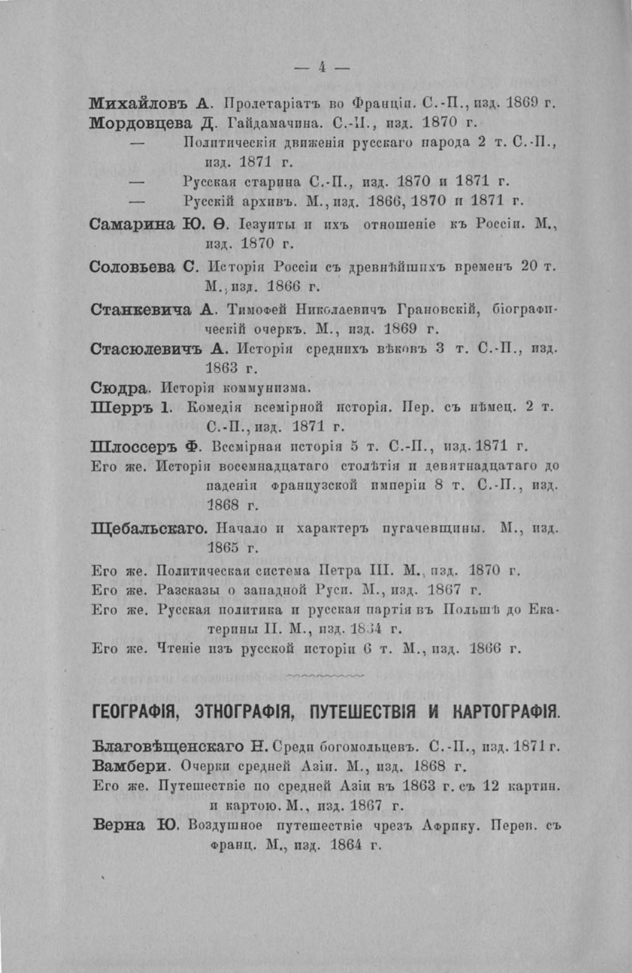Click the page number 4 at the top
click(x=322, y=68)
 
